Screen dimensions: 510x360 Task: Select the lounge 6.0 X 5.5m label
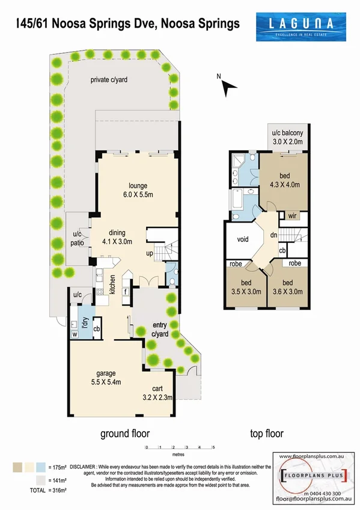pyautogui.click(x=137, y=191)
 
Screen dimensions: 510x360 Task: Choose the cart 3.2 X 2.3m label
pyautogui.click(x=157, y=392)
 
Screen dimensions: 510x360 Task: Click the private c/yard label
pyautogui.click(x=109, y=80)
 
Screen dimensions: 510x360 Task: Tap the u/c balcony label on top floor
pyautogui.click(x=290, y=137)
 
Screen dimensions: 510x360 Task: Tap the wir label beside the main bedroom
pyautogui.click(x=291, y=216)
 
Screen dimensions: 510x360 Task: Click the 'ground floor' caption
pyautogui.click(x=125, y=433)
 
